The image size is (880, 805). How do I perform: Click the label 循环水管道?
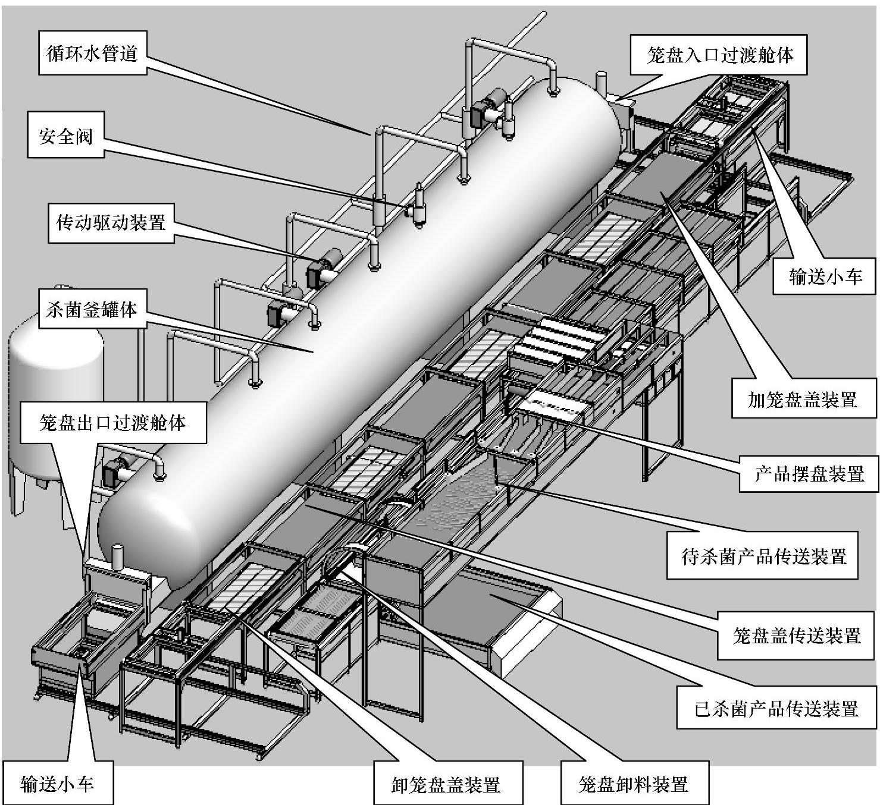click(x=92, y=54)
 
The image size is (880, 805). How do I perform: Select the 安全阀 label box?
click(x=66, y=137)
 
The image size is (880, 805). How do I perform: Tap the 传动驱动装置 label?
click(x=111, y=223)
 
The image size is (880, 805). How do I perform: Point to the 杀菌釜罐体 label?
click(x=92, y=309)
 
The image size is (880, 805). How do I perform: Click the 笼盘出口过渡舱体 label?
click(x=113, y=423)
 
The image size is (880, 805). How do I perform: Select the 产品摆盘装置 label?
click(x=809, y=474)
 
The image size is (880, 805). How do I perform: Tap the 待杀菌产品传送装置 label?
click(x=763, y=556)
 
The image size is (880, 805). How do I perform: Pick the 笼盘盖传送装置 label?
click(x=797, y=636)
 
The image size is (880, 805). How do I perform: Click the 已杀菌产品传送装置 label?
click(x=776, y=708)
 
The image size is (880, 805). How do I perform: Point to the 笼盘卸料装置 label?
click(x=634, y=784)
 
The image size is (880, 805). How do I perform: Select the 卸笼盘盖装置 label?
click(x=446, y=784)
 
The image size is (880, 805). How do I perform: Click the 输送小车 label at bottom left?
click(x=57, y=783)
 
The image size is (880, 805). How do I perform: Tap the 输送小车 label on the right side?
click(x=825, y=276)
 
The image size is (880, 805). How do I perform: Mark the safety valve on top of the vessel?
click(x=419, y=205)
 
